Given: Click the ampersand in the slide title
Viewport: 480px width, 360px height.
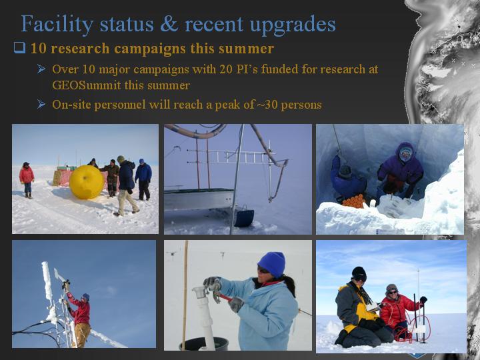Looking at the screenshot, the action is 169,24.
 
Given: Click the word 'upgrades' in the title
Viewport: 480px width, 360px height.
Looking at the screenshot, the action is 293,25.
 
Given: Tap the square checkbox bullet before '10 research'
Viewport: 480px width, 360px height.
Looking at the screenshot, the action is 19,48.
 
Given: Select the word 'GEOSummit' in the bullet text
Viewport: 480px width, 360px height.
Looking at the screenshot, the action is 86,85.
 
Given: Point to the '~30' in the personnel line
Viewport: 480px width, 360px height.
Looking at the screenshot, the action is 267,105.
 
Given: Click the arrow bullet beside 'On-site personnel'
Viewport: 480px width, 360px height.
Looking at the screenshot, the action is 41,105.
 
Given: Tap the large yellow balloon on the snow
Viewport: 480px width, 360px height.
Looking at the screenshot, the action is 87,182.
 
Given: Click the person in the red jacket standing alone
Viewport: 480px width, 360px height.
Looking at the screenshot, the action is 27,180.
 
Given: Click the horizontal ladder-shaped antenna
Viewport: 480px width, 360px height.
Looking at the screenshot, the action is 231,157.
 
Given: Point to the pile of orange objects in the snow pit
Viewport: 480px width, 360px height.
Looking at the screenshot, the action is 353,201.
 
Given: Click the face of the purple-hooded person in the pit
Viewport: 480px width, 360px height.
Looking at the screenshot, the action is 405,154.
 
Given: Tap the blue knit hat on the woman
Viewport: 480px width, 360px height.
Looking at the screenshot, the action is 271,264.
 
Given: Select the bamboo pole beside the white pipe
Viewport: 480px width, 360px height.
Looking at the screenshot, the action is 185,295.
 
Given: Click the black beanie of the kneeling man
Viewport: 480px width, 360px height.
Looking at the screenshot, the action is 359,273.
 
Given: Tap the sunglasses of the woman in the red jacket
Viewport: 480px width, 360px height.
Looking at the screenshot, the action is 392,292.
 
